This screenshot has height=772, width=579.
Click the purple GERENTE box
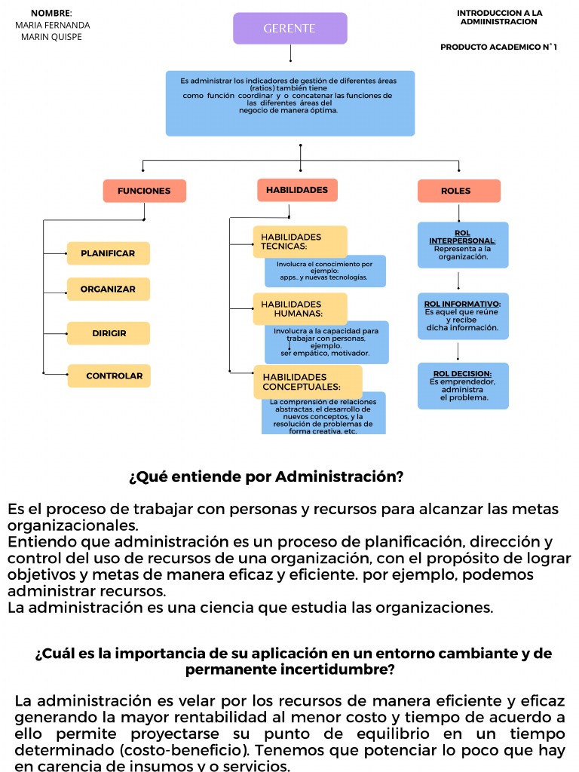click(x=289, y=29)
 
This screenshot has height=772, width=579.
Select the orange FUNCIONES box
click(x=144, y=191)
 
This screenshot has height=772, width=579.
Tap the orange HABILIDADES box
click(x=297, y=190)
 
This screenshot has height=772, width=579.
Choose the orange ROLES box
click(x=458, y=191)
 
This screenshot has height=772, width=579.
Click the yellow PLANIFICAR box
click(x=108, y=253)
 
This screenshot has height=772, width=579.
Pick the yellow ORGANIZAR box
click(x=108, y=289)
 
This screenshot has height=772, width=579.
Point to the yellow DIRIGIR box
click(x=109, y=333)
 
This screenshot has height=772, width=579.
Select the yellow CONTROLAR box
click(x=109, y=375)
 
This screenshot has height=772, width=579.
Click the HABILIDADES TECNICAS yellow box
click(x=299, y=241)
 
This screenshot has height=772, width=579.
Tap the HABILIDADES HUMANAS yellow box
click(x=299, y=308)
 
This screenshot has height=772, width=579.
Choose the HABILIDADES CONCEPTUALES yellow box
click(x=307, y=381)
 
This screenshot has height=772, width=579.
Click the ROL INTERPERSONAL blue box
click(x=463, y=245)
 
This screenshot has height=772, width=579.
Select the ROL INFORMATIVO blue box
click(x=463, y=316)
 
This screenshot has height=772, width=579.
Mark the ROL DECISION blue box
click(x=463, y=385)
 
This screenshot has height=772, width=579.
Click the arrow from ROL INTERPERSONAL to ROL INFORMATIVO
click(x=458, y=280)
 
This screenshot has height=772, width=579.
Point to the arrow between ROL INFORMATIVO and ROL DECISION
click(x=458, y=351)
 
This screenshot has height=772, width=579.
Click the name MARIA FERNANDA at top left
click(x=52, y=25)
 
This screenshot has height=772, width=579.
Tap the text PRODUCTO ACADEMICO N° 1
click(x=498, y=47)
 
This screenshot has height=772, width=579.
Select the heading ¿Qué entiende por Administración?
click(x=266, y=477)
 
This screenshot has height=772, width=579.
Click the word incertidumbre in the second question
click(x=339, y=669)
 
